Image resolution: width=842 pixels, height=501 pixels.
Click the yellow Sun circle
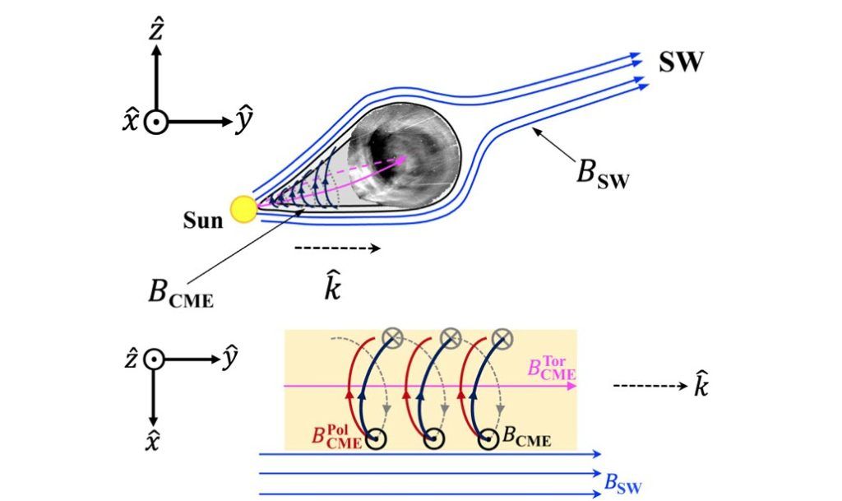243,209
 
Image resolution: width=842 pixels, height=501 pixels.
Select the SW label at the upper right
680,62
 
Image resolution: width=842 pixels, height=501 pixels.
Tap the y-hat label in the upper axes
244,122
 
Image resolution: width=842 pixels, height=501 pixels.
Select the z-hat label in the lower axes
131,360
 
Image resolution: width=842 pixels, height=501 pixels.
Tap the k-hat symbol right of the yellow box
701,386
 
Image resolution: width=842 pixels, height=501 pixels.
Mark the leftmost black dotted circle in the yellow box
378,439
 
